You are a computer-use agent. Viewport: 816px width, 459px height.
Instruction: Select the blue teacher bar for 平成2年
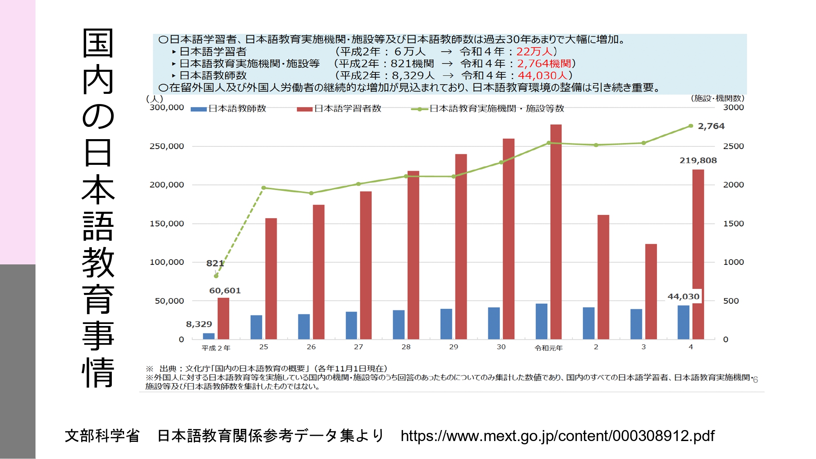pos(208,336)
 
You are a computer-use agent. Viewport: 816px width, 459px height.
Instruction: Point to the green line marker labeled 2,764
pos(691,126)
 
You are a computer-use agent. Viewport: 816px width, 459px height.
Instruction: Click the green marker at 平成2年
pos(216,276)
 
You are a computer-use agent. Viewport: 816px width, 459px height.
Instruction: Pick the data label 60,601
pos(225,290)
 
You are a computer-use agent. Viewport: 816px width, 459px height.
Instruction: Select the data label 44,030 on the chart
pos(683,297)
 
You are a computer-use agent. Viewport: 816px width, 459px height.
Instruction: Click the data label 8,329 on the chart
pos(199,324)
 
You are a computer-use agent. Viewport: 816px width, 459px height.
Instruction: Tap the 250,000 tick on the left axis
pos(166,146)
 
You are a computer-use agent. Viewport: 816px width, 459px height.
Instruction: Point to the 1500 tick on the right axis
pos(733,224)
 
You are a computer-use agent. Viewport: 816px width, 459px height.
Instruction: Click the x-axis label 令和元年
pos(548,348)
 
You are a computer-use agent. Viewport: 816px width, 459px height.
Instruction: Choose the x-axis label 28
pos(406,347)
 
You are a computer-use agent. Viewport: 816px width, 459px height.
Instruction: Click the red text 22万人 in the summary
pos(534,51)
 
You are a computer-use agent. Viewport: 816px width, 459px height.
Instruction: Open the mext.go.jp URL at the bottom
pos(557,436)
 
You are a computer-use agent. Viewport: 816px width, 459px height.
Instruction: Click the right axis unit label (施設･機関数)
pos(717,98)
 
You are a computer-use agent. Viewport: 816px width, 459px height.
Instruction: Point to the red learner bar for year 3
pos(651,291)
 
